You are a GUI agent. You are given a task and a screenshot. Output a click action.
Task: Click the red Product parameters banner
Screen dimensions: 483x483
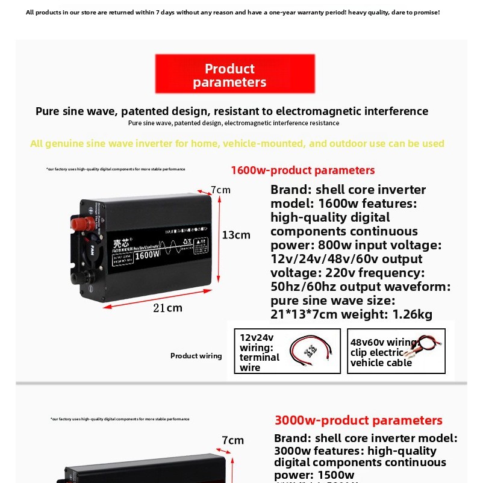click(235, 75)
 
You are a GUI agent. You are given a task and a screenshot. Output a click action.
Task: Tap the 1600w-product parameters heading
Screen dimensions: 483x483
click(302, 170)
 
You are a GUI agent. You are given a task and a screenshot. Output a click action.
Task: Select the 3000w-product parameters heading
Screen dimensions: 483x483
click(358, 420)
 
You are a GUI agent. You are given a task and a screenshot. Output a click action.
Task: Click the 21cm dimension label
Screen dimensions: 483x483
click(167, 308)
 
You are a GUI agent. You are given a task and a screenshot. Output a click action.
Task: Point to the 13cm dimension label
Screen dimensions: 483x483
click(236, 235)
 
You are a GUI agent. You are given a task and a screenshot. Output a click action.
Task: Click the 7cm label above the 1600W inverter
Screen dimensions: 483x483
click(221, 190)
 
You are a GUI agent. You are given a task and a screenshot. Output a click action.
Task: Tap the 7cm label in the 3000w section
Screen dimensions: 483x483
click(232, 440)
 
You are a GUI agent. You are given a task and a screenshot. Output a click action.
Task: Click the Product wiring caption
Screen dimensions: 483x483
click(196, 356)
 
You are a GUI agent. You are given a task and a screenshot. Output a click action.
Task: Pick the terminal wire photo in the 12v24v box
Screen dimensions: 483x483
click(311, 351)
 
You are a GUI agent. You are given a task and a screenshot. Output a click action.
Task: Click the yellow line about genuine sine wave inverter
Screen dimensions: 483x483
click(237, 143)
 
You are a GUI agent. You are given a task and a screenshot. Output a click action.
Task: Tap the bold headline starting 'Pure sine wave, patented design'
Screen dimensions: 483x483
click(232, 111)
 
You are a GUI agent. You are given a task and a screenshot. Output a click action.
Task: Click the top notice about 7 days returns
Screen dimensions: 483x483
click(232, 12)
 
